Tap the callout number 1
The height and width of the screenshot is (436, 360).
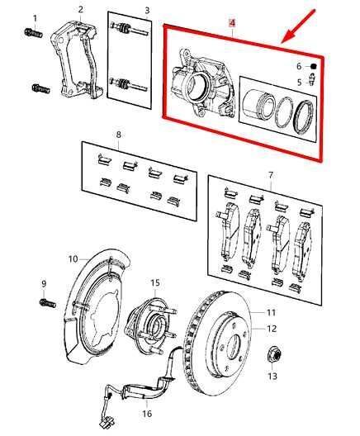click(35, 17)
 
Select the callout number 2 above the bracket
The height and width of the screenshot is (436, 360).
click(80, 10)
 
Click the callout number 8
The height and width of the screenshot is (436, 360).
click(119, 134)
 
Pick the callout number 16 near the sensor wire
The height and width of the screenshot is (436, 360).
click(146, 413)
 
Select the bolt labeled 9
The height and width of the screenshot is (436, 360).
click(44, 303)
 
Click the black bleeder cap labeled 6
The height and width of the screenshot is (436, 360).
click(315, 67)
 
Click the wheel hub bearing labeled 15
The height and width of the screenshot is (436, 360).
click(150, 317)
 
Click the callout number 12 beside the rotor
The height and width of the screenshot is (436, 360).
click(272, 328)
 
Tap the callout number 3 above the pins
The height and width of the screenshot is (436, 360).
click(146, 11)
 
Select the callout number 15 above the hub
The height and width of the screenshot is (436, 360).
click(154, 283)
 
